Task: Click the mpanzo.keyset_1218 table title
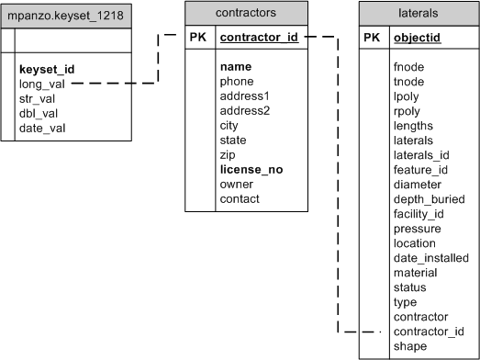coord(67,16)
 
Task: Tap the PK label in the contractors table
coord(199,38)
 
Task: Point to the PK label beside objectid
coord(372,38)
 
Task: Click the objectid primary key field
coord(416,38)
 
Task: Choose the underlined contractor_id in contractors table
coord(260,38)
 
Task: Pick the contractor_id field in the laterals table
coord(429,331)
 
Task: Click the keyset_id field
coord(47,69)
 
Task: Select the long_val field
coord(42,84)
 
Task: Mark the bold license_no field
coord(251,169)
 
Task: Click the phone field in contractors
coord(236,82)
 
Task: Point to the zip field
coord(229,155)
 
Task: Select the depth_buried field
coord(429,199)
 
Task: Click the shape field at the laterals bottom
coord(409,345)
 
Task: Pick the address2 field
coord(245,111)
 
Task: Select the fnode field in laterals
coord(408,67)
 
